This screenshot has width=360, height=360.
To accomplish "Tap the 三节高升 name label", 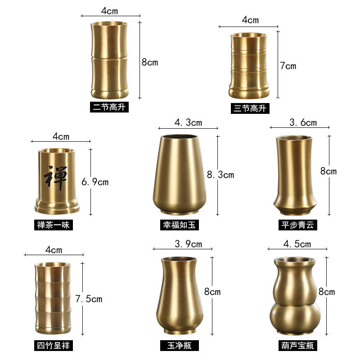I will tap(247, 108).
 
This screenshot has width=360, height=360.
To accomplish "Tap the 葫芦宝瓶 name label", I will tap(297, 346).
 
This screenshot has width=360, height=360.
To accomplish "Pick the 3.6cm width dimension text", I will tap(303, 122).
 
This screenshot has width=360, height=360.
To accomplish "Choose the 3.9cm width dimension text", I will tap(182, 244).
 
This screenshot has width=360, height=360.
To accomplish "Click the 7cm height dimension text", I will tap(288, 66).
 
